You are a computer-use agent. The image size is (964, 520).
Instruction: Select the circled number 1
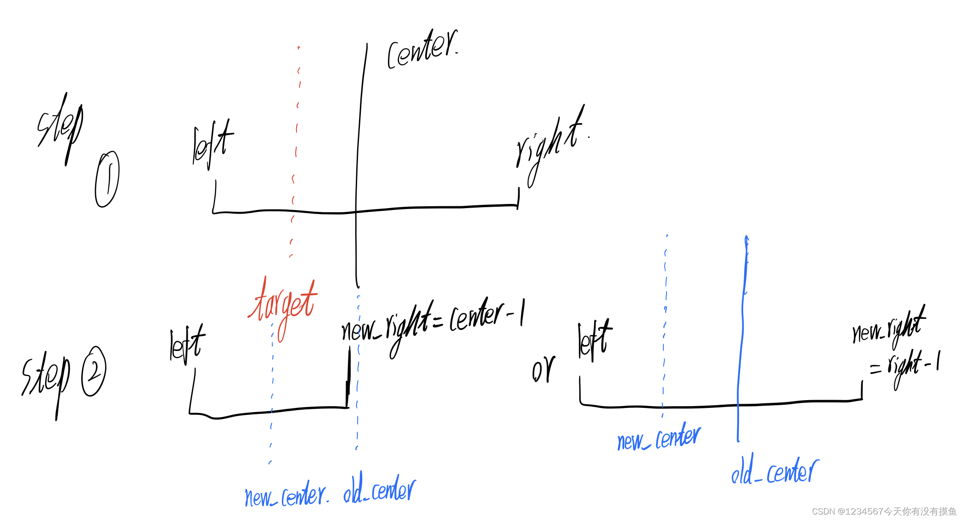[107, 179]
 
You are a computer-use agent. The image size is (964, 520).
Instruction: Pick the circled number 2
[94, 371]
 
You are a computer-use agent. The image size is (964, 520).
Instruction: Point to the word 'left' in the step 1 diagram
[212, 144]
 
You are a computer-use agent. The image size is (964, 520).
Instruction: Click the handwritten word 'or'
[543, 370]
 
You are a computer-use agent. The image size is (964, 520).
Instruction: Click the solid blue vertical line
[741, 340]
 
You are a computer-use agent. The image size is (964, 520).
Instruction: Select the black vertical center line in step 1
[357, 161]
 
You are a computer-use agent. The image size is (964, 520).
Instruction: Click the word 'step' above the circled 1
[60, 126]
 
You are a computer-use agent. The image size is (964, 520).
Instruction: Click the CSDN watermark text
[884, 511]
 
